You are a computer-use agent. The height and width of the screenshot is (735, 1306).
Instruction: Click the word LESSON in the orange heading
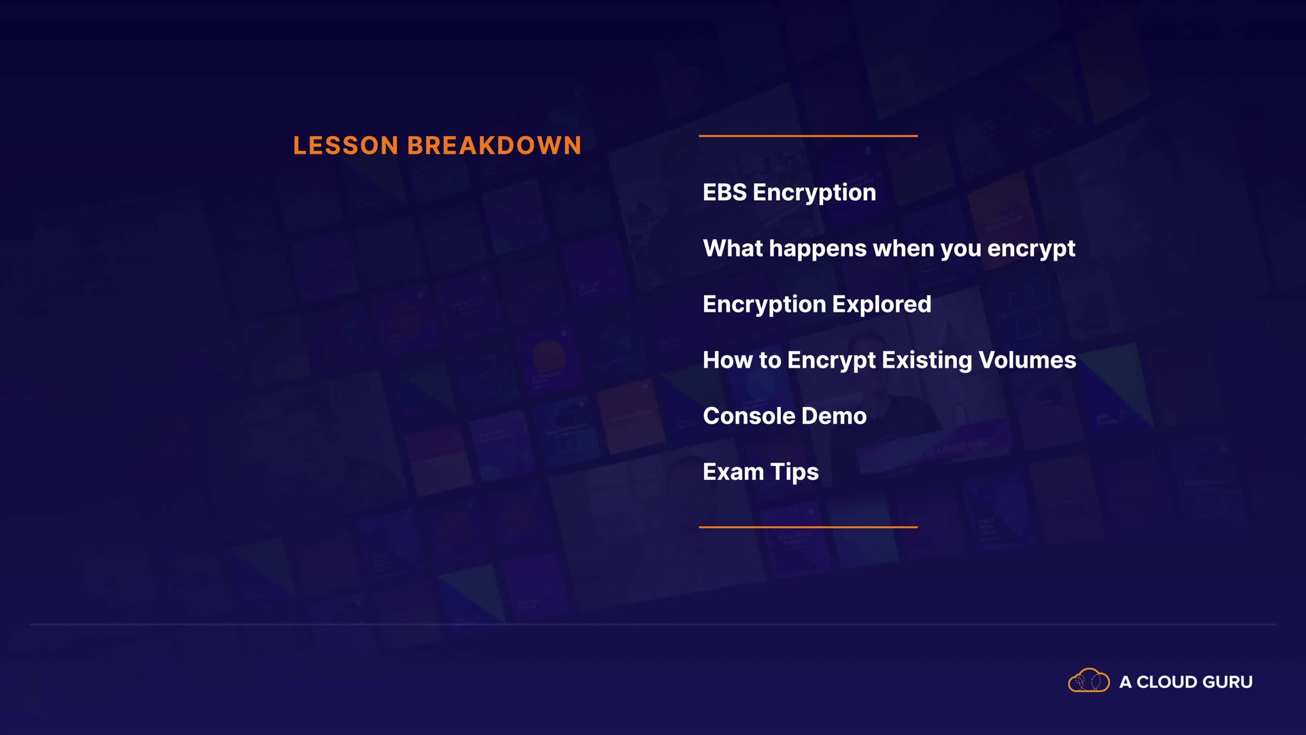[346, 146]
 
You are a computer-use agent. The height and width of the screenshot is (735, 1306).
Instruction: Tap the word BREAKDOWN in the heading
[495, 146]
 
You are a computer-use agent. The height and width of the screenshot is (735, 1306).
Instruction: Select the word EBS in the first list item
[725, 193]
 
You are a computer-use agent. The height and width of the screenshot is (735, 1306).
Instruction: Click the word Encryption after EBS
[814, 193]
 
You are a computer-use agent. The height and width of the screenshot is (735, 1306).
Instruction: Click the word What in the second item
[733, 248]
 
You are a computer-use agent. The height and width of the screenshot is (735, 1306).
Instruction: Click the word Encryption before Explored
[765, 305]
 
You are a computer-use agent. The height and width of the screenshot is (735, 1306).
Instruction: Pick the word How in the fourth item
[728, 360]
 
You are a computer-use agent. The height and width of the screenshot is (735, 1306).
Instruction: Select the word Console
[749, 416]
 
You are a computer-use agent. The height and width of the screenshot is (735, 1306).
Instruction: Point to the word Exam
[733, 472]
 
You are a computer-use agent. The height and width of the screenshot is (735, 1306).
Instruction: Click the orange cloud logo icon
[1089, 680]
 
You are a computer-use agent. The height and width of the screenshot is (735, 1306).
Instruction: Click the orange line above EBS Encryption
[808, 136]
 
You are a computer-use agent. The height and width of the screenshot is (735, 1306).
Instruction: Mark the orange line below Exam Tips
[808, 527]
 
